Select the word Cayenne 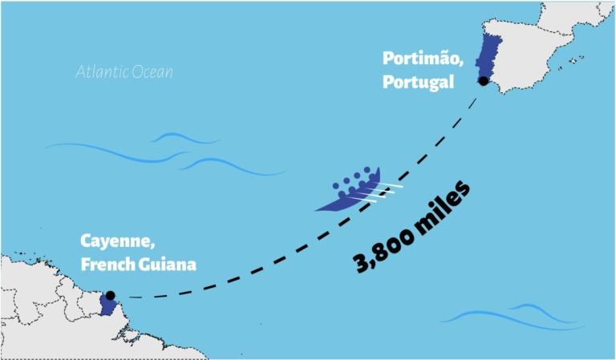pyautogui.click(x=110, y=241)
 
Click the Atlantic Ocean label pyautogui.click(x=124, y=72)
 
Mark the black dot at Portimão pyautogui.click(x=483, y=81)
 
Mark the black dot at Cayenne pyautogui.click(x=110, y=295)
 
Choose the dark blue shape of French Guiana pyautogui.click(x=107, y=306)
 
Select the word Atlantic pyautogui.click(x=101, y=72)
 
